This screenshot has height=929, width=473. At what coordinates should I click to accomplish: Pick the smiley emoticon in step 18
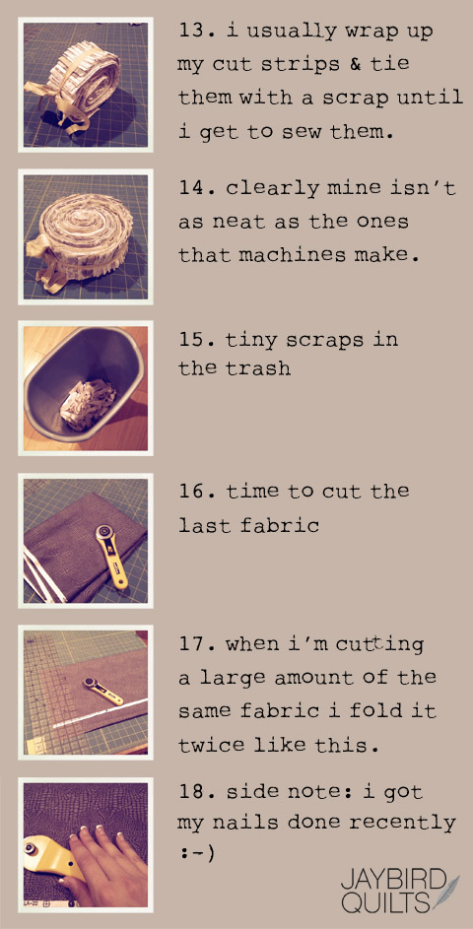click(x=195, y=854)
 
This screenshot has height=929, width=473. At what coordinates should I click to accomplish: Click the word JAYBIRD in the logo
click(x=392, y=882)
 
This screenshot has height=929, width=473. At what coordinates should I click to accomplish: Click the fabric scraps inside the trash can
click(x=90, y=403)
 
